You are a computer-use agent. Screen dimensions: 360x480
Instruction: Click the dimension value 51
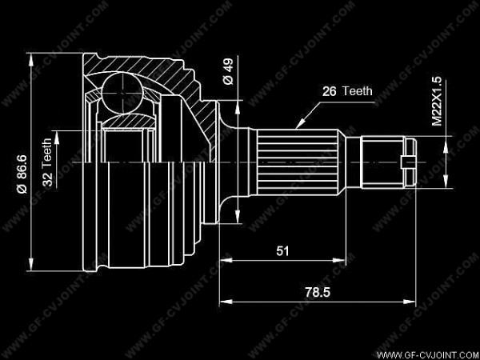282,251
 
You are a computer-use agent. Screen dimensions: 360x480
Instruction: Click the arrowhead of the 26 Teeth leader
298,126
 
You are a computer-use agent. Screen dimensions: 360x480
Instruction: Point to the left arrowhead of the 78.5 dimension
222,302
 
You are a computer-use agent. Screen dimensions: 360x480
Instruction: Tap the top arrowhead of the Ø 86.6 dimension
30,55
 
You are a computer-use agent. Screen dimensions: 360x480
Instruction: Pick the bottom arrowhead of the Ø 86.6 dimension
30,266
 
